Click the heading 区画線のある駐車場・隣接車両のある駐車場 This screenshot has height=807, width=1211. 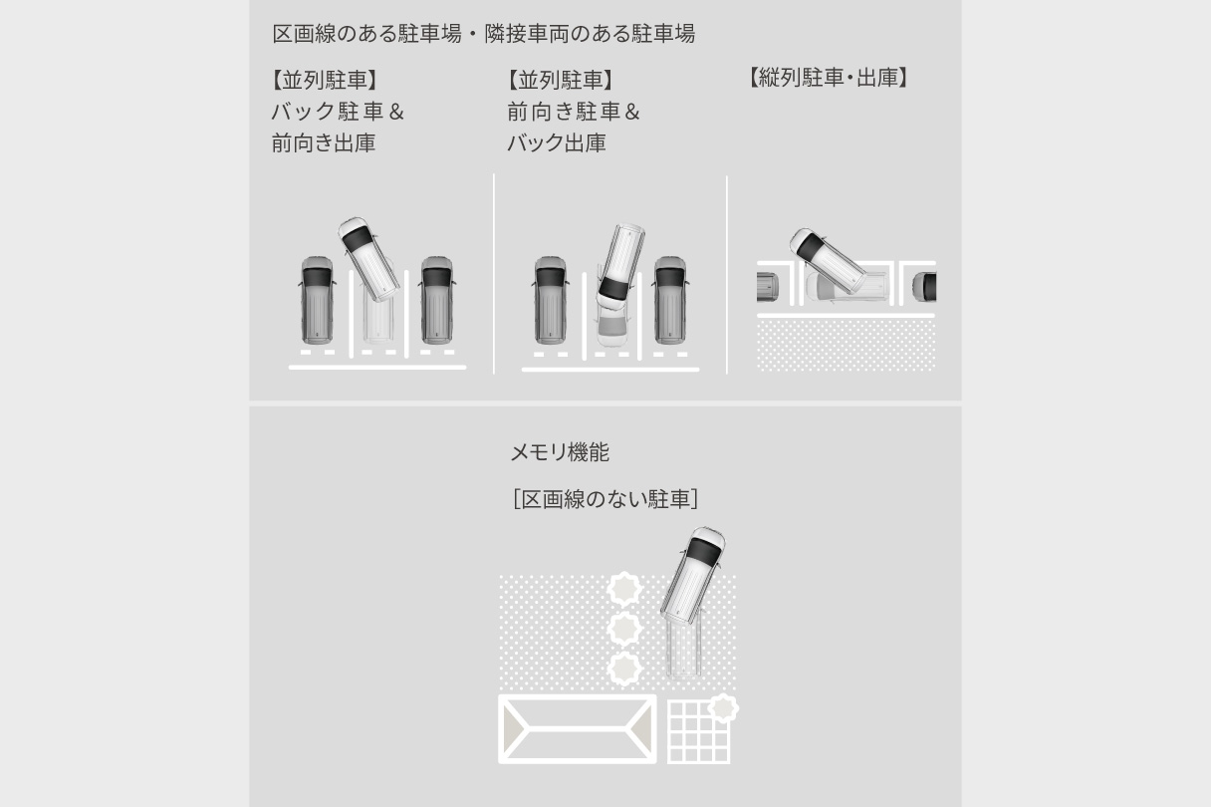[483, 34]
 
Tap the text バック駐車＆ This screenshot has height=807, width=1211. [337, 112]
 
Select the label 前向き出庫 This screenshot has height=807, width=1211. [323, 143]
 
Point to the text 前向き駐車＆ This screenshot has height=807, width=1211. [573, 112]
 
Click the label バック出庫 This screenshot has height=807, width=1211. [556, 143]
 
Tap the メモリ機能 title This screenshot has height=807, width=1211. [559, 452]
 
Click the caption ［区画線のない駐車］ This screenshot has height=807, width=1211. [605, 499]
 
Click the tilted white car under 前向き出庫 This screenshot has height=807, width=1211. [368, 259]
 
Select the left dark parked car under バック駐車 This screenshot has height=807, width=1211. [318, 299]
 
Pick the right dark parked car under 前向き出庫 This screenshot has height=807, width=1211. [436, 299]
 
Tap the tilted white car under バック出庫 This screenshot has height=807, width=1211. [619, 263]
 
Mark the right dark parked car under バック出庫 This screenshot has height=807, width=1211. [669, 299]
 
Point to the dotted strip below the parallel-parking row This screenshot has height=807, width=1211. [846, 346]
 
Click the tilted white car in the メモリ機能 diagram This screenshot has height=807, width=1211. [693, 574]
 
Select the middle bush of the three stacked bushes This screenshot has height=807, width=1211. [624, 630]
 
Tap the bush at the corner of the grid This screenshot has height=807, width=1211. [723, 708]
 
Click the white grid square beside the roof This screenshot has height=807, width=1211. [697, 733]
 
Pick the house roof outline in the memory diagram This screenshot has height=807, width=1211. [577, 729]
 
